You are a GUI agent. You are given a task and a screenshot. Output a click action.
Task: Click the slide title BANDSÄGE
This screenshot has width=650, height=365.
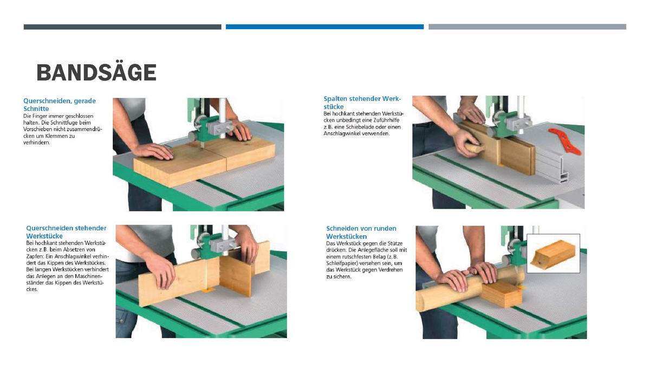tap(96, 72)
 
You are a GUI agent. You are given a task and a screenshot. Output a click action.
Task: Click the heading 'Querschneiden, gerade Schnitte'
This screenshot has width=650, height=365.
tap(60, 104)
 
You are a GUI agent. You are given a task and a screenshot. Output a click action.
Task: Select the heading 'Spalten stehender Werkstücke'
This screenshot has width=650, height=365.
tap(362, 103)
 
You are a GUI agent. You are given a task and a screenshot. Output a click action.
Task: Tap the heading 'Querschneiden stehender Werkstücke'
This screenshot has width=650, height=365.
tap(66, 232)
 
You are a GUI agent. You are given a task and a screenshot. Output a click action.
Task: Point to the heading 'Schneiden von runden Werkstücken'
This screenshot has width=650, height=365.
tap(361, 233)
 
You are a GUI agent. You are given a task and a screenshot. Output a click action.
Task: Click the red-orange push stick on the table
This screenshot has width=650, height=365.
tap(564, 141)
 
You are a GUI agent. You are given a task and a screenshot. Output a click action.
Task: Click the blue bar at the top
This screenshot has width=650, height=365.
tap(324, 26)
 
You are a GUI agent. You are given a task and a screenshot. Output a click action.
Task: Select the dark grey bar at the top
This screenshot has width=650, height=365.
tap(122, 26)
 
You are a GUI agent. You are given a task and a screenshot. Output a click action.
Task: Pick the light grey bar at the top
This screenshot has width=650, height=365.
tap(527, 26)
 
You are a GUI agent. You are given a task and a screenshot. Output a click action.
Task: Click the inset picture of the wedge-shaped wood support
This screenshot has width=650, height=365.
tap(553, 254)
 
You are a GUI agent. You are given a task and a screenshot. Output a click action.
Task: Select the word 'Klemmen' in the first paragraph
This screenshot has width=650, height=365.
tap(55, 136)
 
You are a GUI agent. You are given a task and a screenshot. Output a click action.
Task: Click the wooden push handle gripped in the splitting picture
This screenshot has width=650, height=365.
tap(475, 148)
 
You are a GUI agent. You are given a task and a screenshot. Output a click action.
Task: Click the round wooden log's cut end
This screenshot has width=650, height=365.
tap(419, 302)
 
